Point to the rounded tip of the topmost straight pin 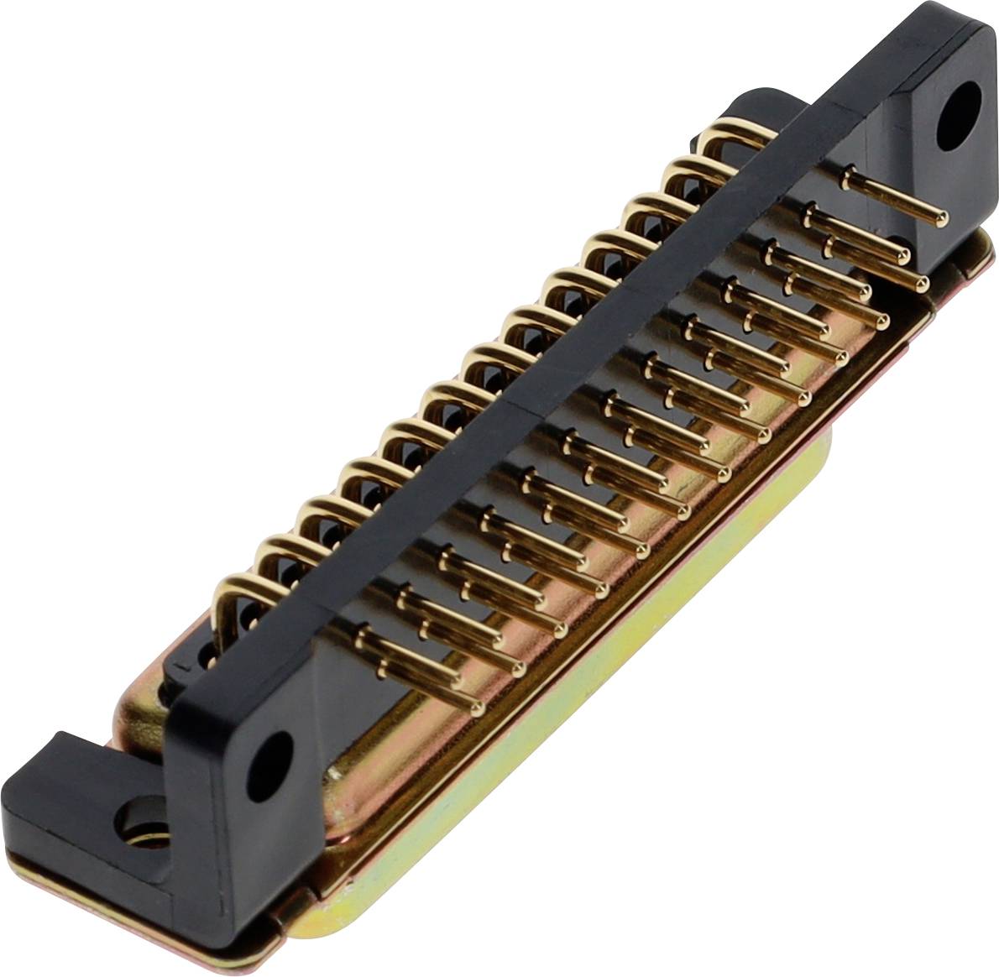tap(942, 216)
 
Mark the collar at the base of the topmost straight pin tap(850, 175)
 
